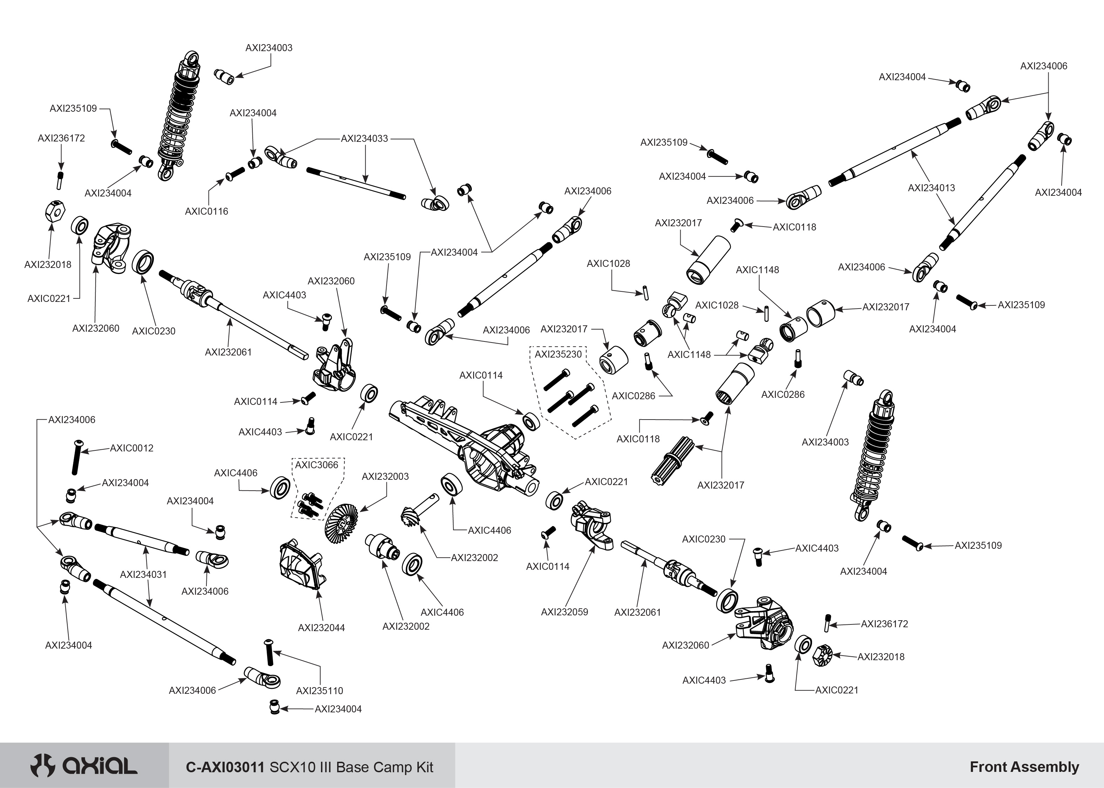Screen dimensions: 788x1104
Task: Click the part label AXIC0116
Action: pyautogui.click(x=206, y=211)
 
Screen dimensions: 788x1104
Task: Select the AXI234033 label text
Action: pyautogui.click(x=364, y=139)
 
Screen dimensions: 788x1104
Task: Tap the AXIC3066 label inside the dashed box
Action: pyautogui.click(x=316, y=465)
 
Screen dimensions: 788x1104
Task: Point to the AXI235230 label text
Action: pyautogui.click(x=558, y=354)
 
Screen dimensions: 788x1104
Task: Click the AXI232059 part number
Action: pyautogui.click(x=564, y=612)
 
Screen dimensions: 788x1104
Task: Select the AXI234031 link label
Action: pyautogui.click(x=143, y=574)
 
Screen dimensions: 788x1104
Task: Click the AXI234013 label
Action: pyautogui.click(x=931, y=188)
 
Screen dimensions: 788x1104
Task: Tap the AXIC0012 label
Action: pyautogui.click(x=131, y=448)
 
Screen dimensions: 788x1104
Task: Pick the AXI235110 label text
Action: pyautogui.click(x=319, y=691)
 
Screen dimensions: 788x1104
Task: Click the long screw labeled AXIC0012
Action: pyautogui.click(x=76, y=457)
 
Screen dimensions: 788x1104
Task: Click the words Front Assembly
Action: pyautogui.click(x=1024, y=767)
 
